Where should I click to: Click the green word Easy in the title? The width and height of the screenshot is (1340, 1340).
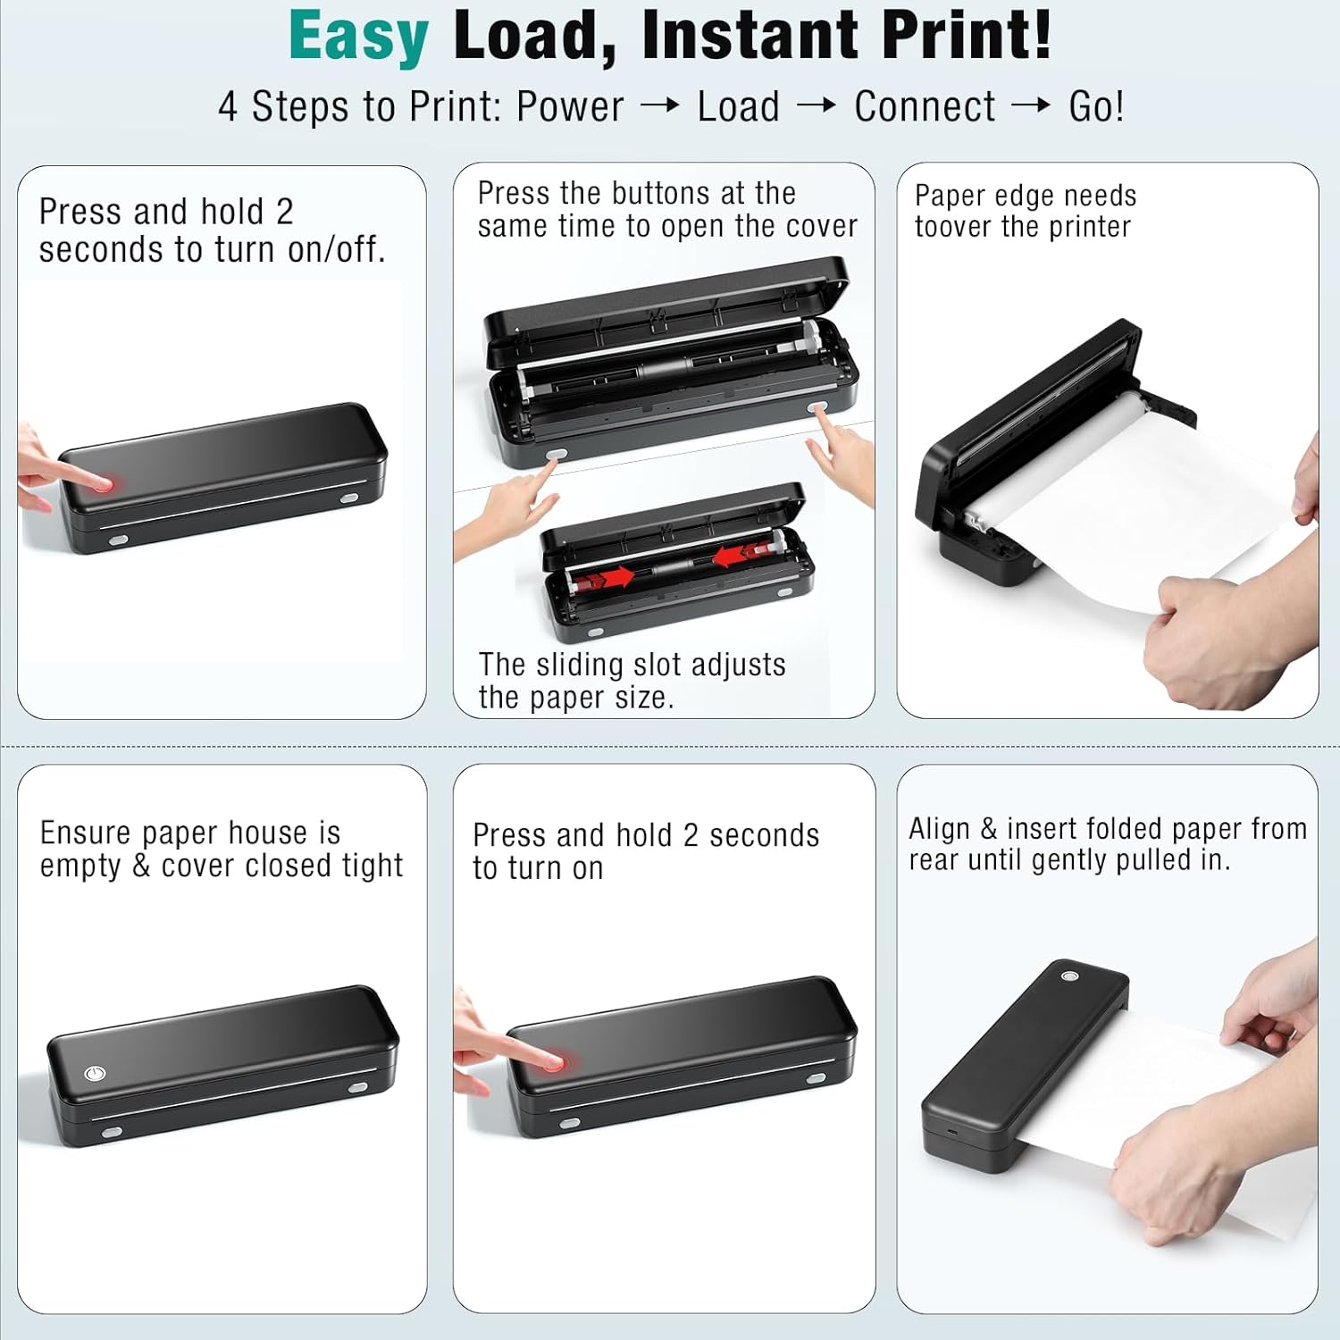(x=358, y=38)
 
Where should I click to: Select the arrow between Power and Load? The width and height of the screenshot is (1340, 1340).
(x=660, y=106)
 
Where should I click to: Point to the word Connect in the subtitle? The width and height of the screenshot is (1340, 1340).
(x=925, y=107)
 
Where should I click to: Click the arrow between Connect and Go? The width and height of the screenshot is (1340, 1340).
(x=1031, y=106)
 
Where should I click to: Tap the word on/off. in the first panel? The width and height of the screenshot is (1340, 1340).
(x=337, y=250)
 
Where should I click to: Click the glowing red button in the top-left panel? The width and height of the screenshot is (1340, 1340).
(x=105, y=484)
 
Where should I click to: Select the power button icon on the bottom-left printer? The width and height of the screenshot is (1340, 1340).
(x=95, y=1073)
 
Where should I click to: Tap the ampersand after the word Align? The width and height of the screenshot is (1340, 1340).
(x=988, y=829)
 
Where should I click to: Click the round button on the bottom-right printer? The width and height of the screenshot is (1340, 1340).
(x=1068, y=976)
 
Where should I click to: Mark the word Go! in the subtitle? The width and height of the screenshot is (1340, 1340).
(x=1096, y=107)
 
